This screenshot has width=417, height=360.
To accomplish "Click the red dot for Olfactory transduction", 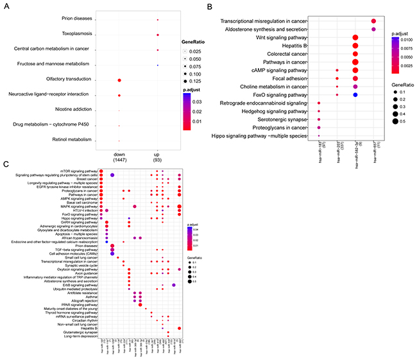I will (x=119, y=80).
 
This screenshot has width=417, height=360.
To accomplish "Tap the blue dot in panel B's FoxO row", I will (x=354, y=94).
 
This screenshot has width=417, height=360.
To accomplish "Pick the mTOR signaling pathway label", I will (x=78, y=170).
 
